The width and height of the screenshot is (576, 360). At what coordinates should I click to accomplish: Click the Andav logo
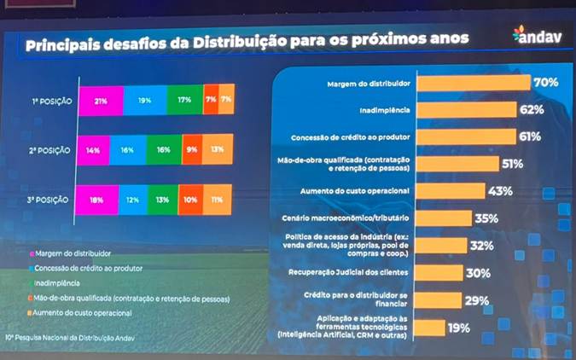tap(534, 37)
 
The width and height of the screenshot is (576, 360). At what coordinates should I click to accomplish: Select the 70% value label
tap(545, 83)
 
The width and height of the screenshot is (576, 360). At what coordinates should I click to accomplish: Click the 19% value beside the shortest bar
tap(459, 328)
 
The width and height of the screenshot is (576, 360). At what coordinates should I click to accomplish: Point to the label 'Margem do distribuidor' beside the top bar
tap(369, 84)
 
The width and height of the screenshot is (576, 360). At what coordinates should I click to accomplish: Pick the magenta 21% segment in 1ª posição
tap(99, 101)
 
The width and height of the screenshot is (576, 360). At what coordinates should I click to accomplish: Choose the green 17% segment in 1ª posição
tap(184, 101)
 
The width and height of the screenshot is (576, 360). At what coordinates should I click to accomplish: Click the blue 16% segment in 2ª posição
tap(127, 150)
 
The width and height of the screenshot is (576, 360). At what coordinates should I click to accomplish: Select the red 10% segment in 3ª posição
tap(190, 200)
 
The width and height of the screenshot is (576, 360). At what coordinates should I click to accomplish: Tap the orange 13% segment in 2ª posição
tap(218, 150)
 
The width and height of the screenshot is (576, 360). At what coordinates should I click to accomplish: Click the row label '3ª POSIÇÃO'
tap(51, 200)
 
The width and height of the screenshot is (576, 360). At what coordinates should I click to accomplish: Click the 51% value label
tap(513, 164)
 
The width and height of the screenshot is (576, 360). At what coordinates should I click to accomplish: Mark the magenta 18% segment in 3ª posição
tap(96, 200)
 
